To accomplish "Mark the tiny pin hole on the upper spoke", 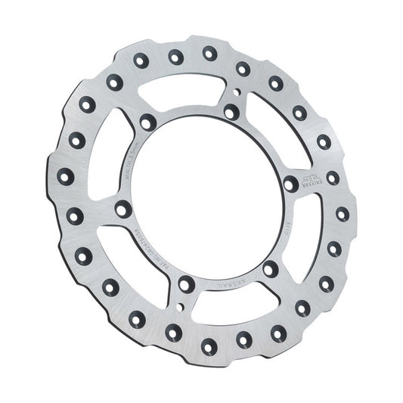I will [237, 94].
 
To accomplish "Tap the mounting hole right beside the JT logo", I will [291, 183].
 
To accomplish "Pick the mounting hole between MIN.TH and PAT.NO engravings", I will [123, 209].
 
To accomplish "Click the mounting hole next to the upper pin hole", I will [231, 112].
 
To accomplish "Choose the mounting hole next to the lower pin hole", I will [185, 284].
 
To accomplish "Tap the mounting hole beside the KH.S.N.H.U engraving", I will [270, 268].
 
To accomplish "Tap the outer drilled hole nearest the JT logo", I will [333, 178].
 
